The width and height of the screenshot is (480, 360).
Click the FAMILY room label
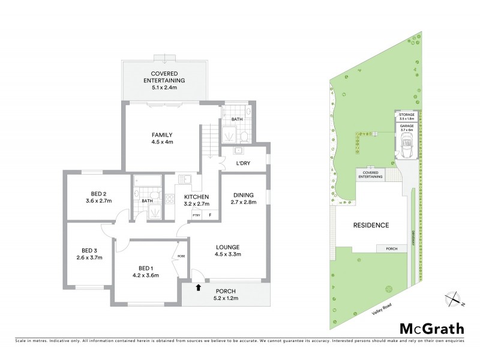tap(162, 135)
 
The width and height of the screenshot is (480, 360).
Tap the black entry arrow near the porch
tap(199, 288)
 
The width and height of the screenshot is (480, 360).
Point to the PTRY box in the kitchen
tap(196, 215)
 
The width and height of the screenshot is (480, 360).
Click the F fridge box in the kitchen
tap(210, 215)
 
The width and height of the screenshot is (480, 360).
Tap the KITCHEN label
tap(196, 197)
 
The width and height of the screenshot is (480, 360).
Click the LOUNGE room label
tap(229, 247)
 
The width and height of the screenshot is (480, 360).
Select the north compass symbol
tap(455, 298)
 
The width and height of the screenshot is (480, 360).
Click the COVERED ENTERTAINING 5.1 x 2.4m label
tap(164, 80)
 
